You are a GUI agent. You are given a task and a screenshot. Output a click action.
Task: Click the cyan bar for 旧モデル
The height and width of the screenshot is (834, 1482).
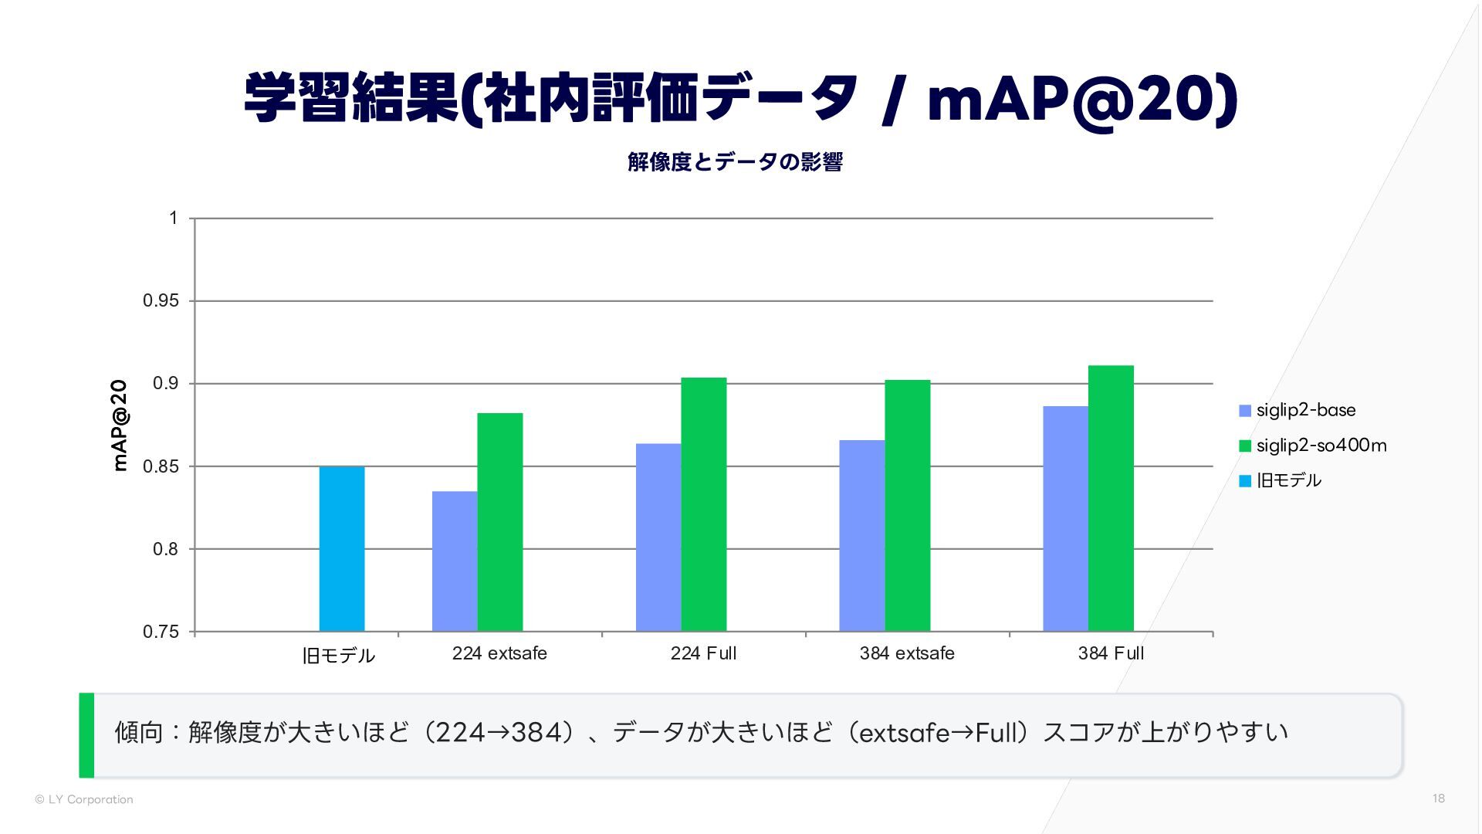[342, 549]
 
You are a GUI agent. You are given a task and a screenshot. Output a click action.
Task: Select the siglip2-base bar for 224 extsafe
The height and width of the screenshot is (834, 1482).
[455, 561]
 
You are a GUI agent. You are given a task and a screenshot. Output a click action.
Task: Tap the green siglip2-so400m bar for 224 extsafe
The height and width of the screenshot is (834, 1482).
[500, 522]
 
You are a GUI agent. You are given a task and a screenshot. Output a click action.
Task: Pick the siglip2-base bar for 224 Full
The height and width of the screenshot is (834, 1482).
[658, 537]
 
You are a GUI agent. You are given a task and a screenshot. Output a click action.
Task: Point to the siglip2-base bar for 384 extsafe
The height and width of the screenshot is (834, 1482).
[862, 536]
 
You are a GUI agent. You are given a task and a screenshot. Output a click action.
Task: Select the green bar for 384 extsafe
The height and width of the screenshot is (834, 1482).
[908, 506]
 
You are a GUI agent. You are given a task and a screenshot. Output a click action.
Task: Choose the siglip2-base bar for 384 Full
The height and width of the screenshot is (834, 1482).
[1066, 519]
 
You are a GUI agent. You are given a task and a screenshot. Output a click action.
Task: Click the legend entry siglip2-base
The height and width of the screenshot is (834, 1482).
[1305, 410]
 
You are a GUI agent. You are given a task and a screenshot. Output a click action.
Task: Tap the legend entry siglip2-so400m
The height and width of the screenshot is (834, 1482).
[1321, 446]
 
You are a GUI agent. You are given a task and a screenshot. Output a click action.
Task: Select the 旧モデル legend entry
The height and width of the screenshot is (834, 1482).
[1288, 480]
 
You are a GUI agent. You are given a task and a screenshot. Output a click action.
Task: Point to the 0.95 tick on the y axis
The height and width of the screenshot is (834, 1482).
[161, 301]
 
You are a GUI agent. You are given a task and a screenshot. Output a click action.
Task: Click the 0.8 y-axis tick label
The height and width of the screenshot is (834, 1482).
[165, 549]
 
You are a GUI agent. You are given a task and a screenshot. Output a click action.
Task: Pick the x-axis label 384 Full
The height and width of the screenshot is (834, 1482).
[1111, 653]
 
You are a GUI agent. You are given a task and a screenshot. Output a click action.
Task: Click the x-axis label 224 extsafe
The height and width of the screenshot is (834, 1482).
[499, 653]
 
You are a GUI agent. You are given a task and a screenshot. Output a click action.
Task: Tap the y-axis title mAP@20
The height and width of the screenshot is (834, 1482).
[120, 425]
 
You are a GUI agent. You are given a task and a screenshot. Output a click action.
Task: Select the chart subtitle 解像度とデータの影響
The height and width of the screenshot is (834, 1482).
[735, 162]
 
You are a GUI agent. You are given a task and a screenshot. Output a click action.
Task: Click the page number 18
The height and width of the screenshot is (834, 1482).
[1438, 798]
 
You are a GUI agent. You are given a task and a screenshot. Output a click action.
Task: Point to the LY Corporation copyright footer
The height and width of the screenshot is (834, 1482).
[84, 799]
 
